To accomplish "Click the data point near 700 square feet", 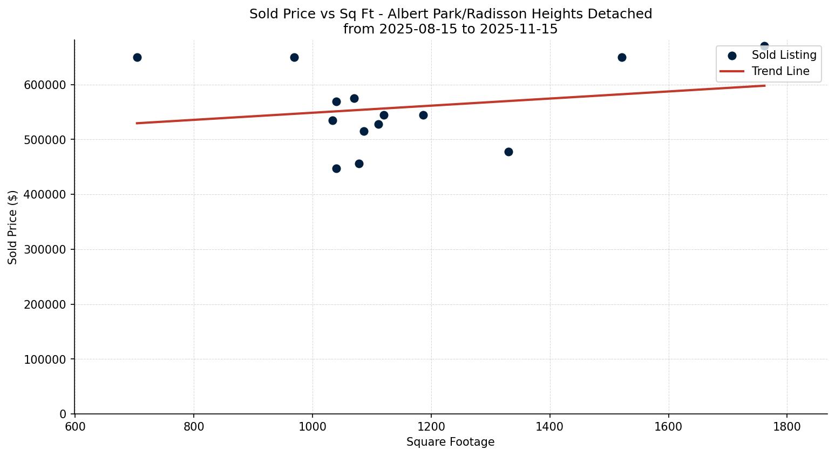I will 137,57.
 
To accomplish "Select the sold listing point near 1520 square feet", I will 622,57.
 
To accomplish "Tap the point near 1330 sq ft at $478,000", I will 508,152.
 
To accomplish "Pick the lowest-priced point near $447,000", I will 336,168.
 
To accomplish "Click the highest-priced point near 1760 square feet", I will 764,46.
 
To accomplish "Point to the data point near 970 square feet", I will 294,57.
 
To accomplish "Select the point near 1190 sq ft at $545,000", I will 423,115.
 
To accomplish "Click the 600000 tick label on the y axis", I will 45,85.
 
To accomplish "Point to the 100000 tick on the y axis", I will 45,359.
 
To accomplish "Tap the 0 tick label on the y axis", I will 63,414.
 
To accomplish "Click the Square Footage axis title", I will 450,442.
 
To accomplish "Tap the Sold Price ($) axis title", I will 12,227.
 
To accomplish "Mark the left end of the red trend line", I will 137,123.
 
